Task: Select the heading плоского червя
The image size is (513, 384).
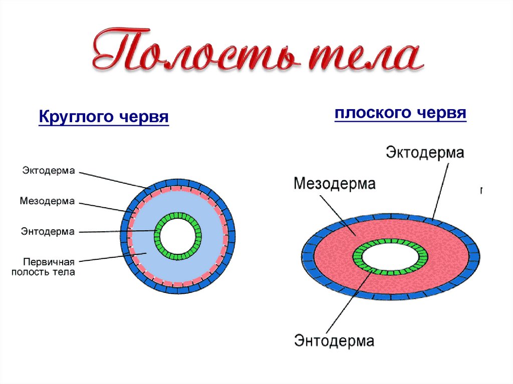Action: tap(400, 113)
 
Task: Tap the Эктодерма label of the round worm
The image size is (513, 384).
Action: tap(48, 171)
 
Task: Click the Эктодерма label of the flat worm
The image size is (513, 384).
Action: tap(424, 153)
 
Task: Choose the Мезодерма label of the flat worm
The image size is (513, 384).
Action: tap(334, 184)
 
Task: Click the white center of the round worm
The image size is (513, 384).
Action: tap(178, 235)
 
